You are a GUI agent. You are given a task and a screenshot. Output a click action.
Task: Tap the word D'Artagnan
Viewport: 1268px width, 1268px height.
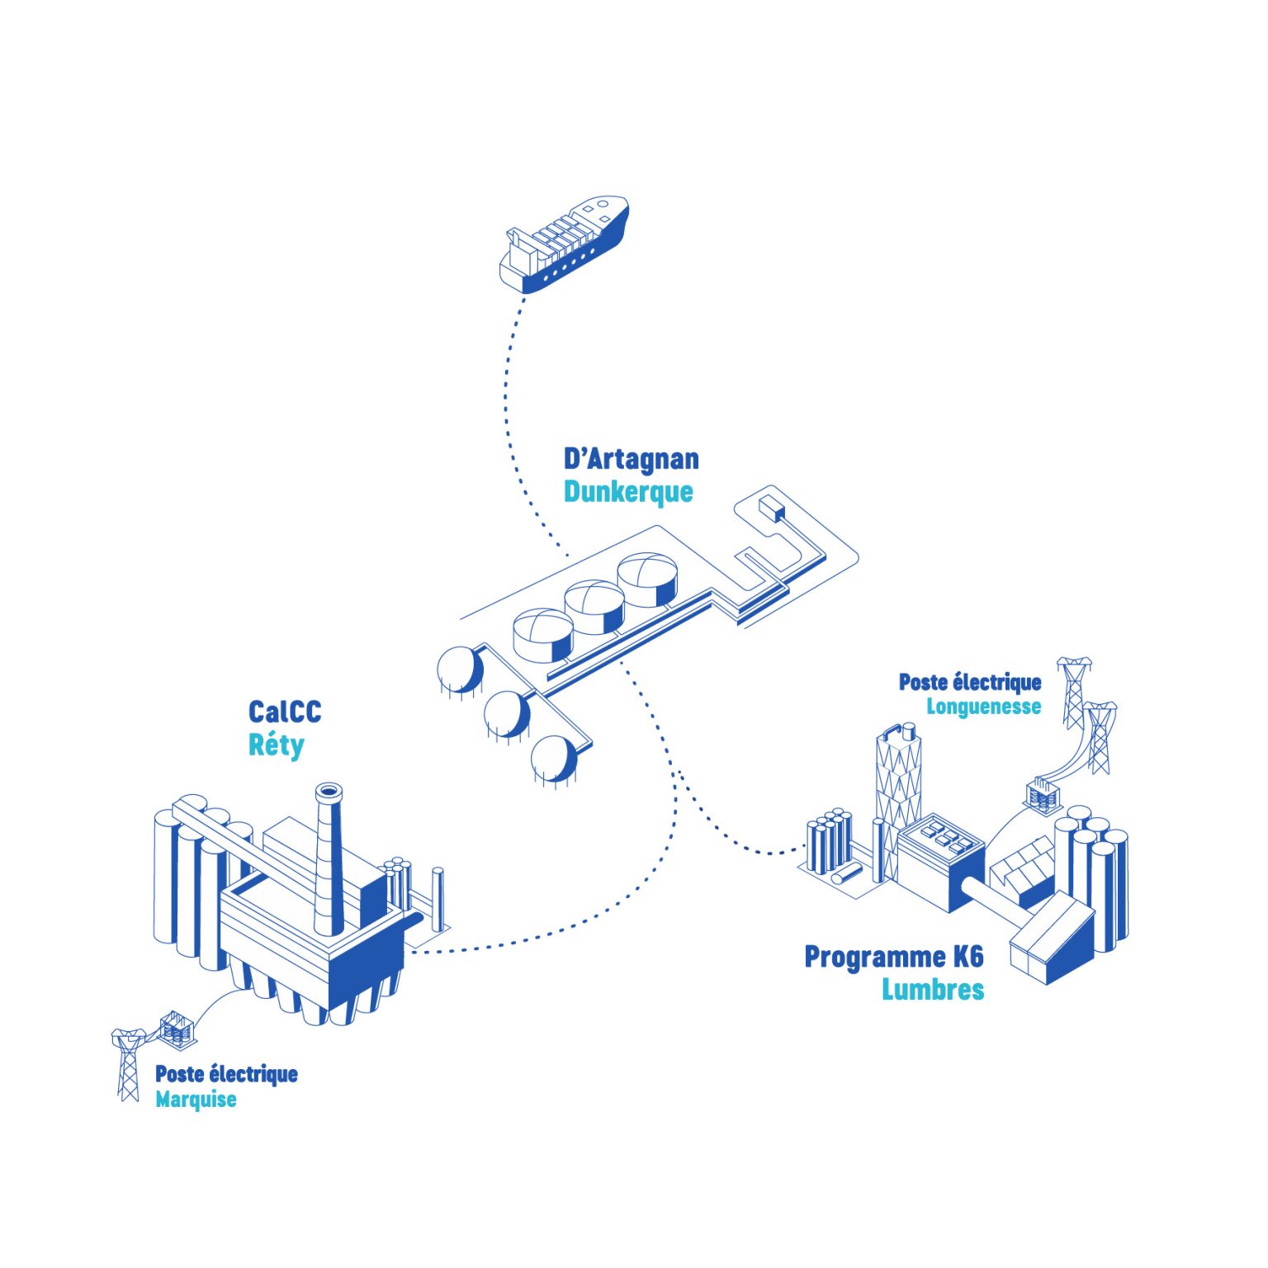631,459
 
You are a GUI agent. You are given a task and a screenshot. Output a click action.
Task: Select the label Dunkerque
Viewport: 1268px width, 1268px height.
627,492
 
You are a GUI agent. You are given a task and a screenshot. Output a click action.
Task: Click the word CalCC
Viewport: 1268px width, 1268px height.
285,712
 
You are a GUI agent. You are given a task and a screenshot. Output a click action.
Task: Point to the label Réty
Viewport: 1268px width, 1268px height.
276,745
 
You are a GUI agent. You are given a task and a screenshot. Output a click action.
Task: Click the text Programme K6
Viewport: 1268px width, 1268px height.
894,958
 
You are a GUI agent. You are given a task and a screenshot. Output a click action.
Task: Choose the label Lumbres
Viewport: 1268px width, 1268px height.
933,990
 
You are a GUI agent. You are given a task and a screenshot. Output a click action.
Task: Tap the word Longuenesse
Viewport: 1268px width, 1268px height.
983,707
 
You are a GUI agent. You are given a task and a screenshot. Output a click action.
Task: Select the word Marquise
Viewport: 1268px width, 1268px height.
196,1100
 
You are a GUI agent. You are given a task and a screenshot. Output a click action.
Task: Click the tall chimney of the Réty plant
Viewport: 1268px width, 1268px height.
329,859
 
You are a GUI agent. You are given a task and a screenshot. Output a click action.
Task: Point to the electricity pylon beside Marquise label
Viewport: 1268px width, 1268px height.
128,1065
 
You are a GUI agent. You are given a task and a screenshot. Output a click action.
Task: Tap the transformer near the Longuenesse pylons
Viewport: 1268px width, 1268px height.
1043,795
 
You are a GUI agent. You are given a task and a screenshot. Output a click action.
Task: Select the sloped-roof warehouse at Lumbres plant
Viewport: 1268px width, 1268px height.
1053,941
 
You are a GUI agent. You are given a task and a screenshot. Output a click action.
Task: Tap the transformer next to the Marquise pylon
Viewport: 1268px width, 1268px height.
177,1028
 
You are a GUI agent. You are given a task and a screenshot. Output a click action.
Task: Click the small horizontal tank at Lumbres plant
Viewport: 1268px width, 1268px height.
847,874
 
